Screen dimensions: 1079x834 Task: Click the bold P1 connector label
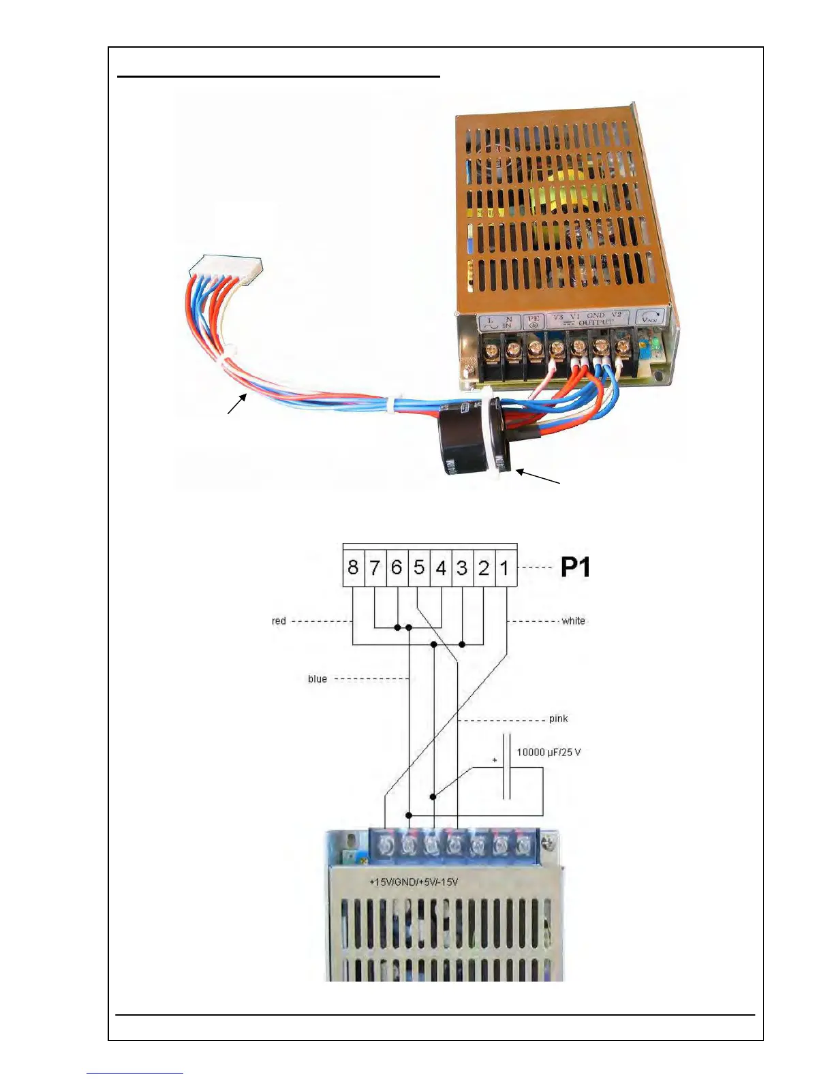coord(575,567)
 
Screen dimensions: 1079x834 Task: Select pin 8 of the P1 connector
coord(353,567)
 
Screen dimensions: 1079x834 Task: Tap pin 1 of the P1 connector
coord(505,567)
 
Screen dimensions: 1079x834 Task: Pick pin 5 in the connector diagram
coord(419,567)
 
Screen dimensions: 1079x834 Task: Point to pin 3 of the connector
coord(462,567)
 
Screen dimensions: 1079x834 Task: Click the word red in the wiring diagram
coord(279,621)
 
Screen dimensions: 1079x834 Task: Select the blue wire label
coord(318,678)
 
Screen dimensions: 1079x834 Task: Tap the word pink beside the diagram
coord(558,719)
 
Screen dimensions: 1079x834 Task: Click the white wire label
coord(573,621)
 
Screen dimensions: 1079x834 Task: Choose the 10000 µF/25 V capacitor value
coord(549,752)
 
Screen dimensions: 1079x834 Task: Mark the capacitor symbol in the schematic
coord(507,766)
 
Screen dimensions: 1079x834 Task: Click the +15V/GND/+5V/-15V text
coord(414,881)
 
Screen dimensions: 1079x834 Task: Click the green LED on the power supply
coord(655,343)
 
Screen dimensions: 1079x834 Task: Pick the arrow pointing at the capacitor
coord(538,476)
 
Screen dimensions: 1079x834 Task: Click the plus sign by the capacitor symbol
coord(495,760)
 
